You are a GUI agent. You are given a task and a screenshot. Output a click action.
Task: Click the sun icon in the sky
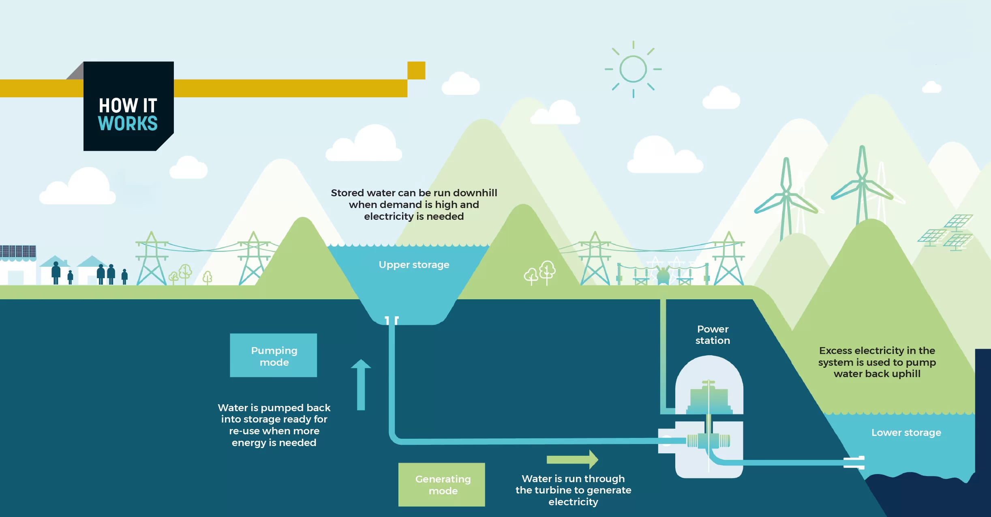(633, 69)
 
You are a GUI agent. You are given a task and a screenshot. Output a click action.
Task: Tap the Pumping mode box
(274, 355)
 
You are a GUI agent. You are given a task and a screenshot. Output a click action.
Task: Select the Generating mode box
(442, 485)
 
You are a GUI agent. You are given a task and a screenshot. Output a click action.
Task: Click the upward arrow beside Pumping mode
(361, 384)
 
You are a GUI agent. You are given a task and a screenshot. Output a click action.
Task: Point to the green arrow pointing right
(572, 459)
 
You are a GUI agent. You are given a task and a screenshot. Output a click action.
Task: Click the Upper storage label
(414, 265)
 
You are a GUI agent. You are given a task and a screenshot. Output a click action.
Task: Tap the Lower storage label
(906, 433)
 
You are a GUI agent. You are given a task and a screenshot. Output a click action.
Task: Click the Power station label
(713, 335)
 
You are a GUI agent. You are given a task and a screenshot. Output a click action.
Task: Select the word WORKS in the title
(128, 123)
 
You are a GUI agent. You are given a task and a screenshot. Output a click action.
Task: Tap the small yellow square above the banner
(416, 70)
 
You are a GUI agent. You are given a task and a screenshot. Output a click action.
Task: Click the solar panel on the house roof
(18, 251)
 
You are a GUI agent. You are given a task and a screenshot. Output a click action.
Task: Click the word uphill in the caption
(904, 374)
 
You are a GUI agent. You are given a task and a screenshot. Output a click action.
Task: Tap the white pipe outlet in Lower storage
(854, 462)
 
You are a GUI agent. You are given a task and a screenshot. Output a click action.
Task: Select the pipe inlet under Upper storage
(392, 320)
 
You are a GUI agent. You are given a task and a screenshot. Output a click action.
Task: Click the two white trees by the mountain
(539, 273)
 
